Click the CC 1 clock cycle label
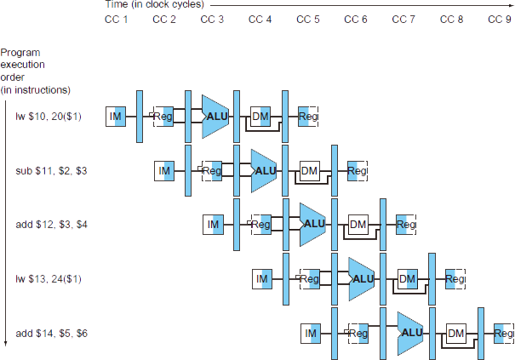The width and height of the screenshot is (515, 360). pos(117,20)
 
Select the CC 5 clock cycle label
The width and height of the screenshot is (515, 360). pos(308,20)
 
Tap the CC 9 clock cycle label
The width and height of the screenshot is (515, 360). pos(500,20)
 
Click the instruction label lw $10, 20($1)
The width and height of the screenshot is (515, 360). pos(49,117)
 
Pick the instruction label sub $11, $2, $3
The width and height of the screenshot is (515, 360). pos(51,171)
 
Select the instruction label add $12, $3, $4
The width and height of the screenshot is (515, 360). pos(52,225)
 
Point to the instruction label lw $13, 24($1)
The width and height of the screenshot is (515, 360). pos(49,279)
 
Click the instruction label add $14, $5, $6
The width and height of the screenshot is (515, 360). pos(52,334)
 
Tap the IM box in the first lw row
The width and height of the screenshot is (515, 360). pos(116,117)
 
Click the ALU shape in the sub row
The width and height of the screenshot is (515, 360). pos(264,171)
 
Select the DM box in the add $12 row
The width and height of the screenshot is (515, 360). pos(358,225)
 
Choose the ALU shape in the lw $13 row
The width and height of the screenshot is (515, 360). pos(361,279)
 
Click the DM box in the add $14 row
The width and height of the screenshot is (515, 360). pos(456,334)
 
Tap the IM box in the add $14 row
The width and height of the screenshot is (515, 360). pos(311,334)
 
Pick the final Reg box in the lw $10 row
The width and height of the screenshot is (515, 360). pos(308,117)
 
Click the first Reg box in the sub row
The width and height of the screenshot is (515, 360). pos(212,171)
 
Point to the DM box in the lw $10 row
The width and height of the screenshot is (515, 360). pos(260,117)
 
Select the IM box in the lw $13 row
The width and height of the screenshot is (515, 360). pos(262,279)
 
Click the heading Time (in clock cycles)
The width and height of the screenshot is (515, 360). pos(154,4)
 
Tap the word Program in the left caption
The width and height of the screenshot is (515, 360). pos(20,53)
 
